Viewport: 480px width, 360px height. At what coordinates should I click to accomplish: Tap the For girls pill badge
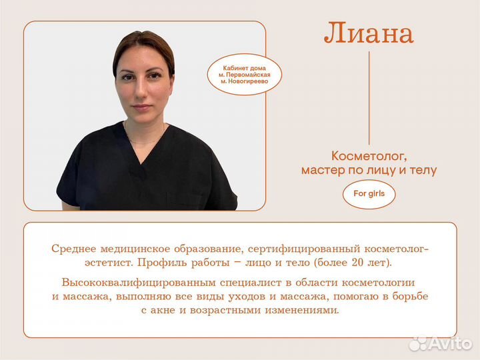[x=369, y=194]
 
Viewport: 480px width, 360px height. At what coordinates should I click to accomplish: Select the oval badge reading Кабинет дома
[x=244, y=74]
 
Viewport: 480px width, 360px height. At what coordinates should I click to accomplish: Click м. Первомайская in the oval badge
[x=244, y=74]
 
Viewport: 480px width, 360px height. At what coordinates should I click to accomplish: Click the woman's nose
[x=143, y=93]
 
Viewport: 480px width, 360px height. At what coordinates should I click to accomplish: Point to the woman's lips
[x=142, y=106]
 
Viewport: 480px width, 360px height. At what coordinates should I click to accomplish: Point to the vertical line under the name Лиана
[x=369, y=97]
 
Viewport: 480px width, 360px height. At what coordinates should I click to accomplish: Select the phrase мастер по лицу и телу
[x=369, y=171]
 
